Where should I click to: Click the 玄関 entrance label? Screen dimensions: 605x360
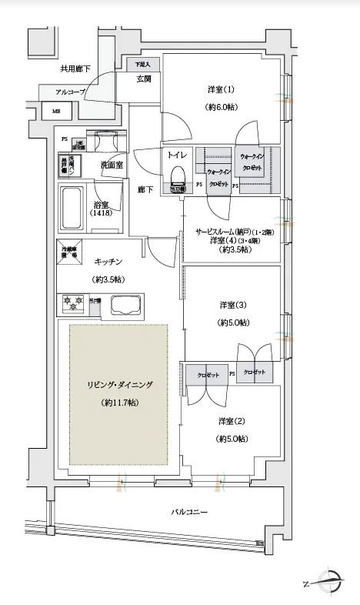click(x=144, y=79)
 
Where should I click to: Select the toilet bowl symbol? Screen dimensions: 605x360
click(x=177, y=176)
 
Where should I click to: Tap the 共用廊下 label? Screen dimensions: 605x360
click(x=75, y=69)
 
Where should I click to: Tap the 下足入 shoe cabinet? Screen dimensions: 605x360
click(x=142, y=65)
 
